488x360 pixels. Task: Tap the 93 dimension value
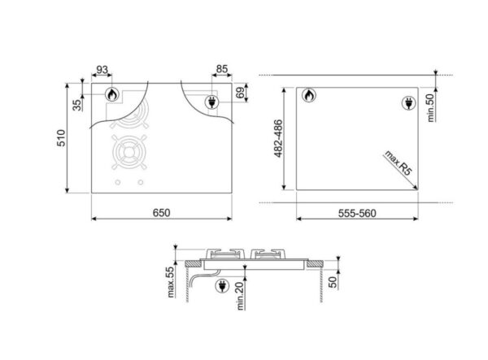pyautogui.click(x=102, y=69)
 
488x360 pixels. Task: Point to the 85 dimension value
pyautogui.click(x=221, y=69)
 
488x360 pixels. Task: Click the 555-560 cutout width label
pyautogui.click(x=356, y=213)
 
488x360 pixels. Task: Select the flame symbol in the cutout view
pyautogui.click(x=309, y=97)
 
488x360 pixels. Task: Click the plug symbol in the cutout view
pyautogui.click(x=409, y=103)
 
